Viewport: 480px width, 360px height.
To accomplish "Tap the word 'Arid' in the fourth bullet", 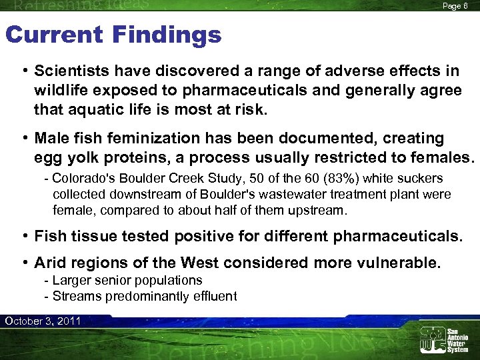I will point(52,263).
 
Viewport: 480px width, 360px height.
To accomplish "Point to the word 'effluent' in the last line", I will point(214,296).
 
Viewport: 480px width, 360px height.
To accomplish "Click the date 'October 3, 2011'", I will point(42,321).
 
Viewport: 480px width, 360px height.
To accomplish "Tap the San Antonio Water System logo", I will point(443,340).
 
